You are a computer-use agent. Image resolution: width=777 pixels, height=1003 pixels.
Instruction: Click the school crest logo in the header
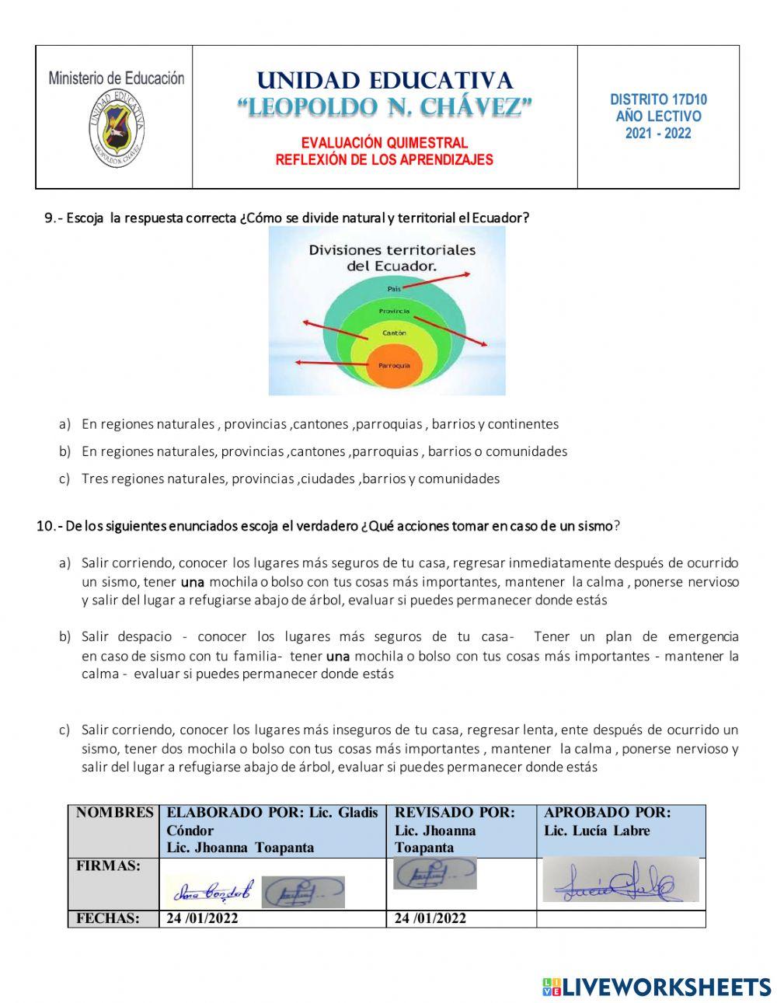(x=117, y=126)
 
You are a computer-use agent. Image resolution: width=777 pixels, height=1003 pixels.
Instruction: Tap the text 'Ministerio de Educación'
(x=117, y=78)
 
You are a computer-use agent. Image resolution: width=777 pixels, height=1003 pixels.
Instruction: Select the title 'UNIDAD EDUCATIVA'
(x=385, y=81)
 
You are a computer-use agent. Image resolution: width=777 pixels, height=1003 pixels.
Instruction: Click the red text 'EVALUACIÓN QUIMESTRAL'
(x=385, y=143)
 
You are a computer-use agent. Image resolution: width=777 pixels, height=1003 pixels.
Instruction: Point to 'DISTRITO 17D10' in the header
(x=658, y=99)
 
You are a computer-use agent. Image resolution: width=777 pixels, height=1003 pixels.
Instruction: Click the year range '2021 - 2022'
(x=658, y=134)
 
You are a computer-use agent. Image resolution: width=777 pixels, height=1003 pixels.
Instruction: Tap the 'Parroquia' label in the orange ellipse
(x=395, y=365)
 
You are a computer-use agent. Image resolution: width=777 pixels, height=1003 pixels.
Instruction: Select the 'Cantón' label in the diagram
(x=394, y=333)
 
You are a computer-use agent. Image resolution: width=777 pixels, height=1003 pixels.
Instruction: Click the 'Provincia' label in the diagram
(x=394, y=311)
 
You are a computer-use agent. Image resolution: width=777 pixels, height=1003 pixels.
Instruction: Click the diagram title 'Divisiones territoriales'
(x=392, y=250)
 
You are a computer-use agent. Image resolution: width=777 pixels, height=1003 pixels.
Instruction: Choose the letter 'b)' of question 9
(x=64, y=451)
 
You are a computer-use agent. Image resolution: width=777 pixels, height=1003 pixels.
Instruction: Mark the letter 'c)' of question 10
(x=64, y=730)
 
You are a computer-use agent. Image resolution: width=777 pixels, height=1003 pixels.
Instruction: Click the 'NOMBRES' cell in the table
(x=114, y=813)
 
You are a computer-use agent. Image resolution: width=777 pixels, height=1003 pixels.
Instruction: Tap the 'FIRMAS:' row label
(x=108, y=865)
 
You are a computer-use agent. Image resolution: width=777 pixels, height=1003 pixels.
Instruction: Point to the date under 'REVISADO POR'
(x=430, y=918)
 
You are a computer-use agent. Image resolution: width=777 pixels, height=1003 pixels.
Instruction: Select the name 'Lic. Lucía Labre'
(x=597, y=831)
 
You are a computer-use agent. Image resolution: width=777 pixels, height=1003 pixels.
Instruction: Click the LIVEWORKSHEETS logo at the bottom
(x=657, y=987)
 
